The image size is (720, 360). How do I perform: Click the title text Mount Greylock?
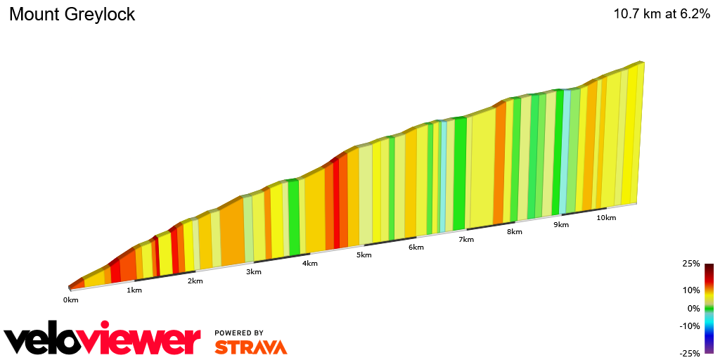coord(72,14)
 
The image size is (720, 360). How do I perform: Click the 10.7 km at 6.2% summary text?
coord(661,14)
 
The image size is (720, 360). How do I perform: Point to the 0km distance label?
coord(70,300)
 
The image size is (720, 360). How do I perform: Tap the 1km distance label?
coord(133,290)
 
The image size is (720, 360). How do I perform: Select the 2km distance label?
coord(195,281)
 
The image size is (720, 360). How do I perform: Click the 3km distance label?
coord(253,272)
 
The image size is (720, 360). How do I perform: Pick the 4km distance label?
coord(309,264)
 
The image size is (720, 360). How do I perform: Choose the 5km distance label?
coord(364,255)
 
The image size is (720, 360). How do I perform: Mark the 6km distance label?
coord(416,247)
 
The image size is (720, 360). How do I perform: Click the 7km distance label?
coord(465,240)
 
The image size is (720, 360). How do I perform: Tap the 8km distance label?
coord(514,232)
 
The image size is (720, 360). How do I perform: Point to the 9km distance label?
coord(560,225)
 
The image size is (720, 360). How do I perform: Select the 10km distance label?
coord(606,218)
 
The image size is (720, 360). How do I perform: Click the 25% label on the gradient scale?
coord(690,264)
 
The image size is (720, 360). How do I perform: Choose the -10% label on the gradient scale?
coord(689,326)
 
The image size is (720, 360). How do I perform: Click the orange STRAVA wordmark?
coord(250,347)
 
